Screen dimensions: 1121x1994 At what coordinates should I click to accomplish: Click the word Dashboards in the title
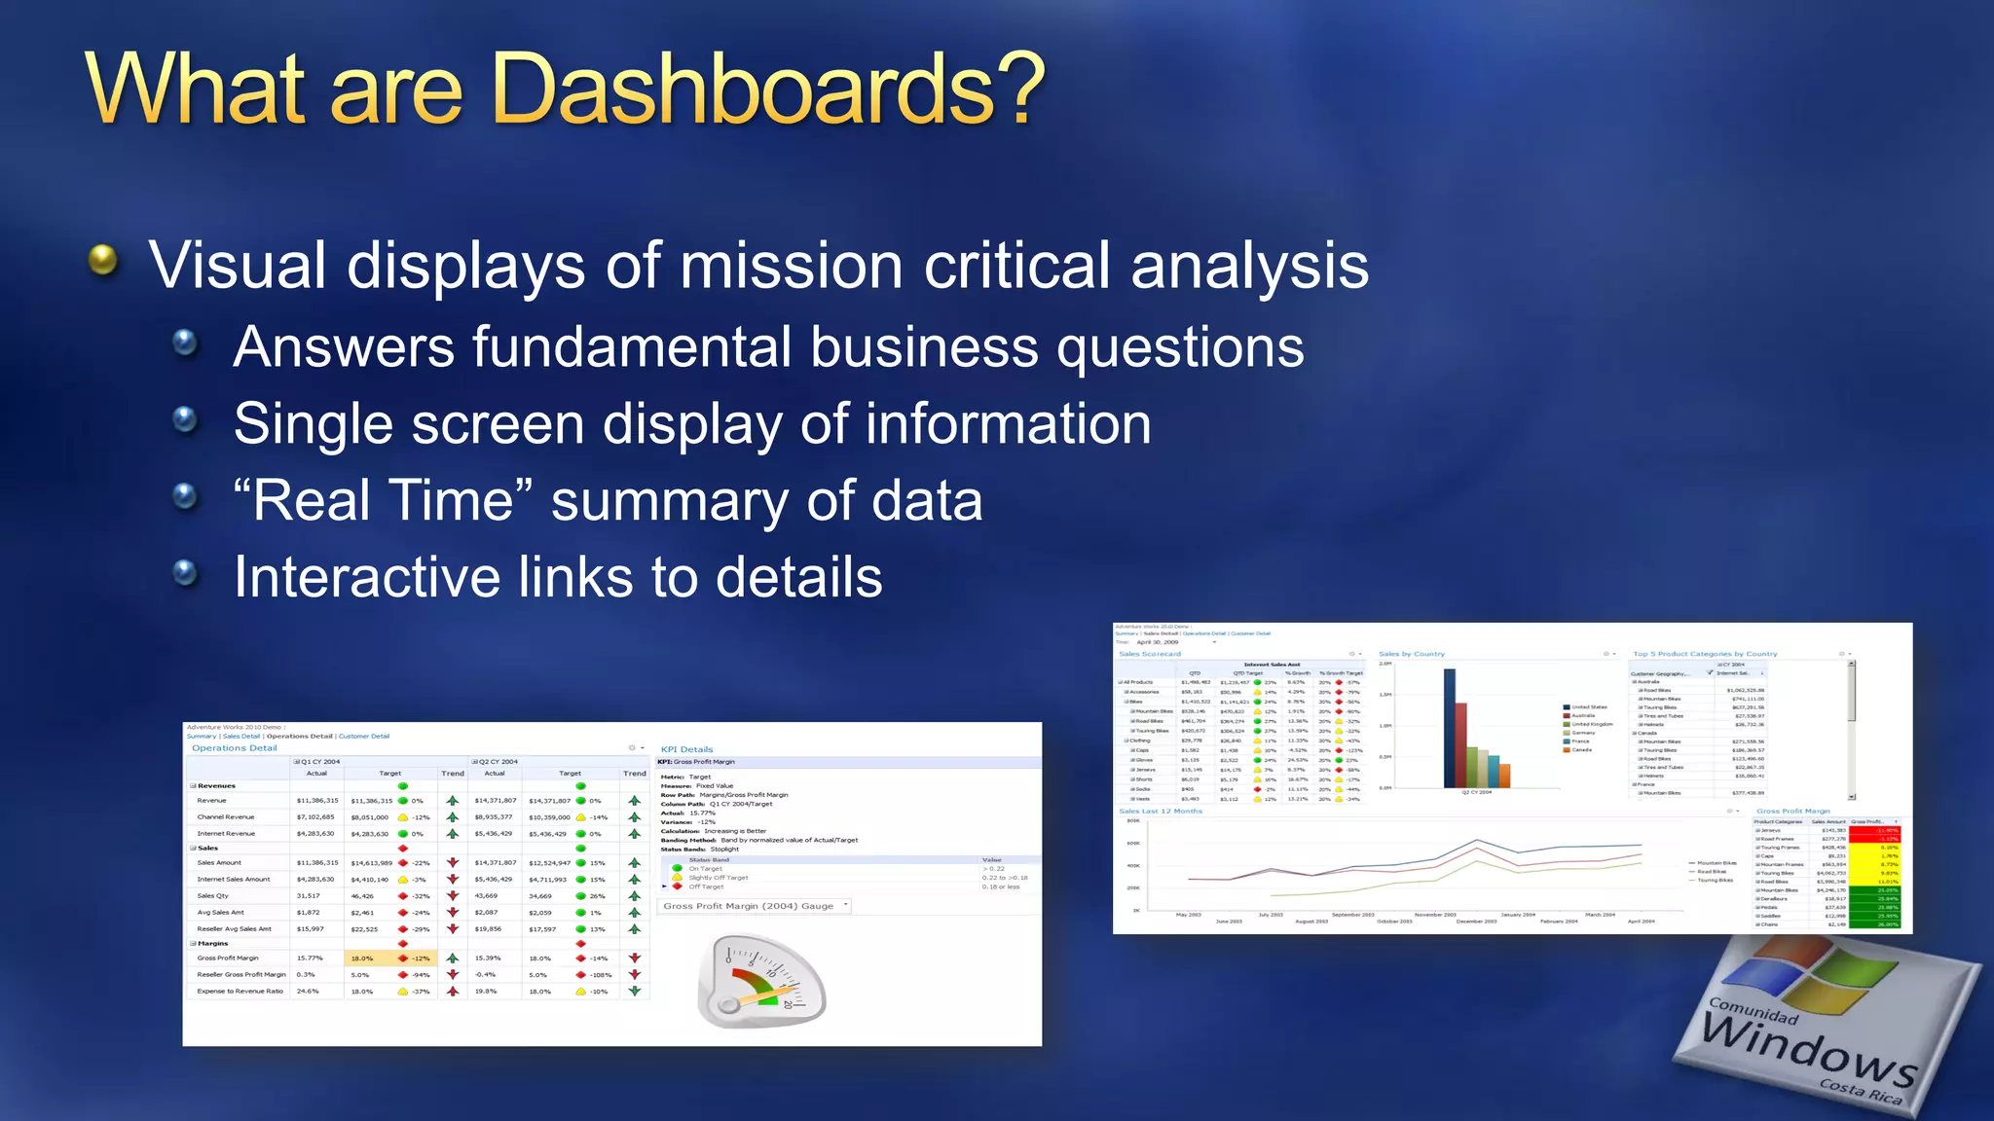click(769, 90)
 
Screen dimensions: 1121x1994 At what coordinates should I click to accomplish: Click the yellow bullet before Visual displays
click(102, 260)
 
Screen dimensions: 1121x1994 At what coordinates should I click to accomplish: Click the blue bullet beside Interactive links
click(184, 573)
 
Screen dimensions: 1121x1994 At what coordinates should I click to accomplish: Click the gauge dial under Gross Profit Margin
click(762, 981)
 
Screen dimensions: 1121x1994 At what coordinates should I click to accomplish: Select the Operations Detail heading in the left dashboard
click(234, 748)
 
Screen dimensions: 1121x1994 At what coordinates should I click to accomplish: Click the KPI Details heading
click(686, 749)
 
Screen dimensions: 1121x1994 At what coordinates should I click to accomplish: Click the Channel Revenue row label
click(225, 817)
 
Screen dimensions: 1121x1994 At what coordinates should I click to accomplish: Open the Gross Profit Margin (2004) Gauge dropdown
click(846, 905)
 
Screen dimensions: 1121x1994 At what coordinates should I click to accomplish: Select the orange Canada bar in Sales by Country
click(1504, 776)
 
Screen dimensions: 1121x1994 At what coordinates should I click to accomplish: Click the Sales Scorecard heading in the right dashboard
click(1149, 654)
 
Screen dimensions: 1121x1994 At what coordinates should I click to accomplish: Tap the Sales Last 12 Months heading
click(1160, 811)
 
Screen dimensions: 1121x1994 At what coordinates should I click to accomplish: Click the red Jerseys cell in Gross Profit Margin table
click(1874, 830)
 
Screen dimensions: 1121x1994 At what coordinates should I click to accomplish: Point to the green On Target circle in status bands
click(678, 868)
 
